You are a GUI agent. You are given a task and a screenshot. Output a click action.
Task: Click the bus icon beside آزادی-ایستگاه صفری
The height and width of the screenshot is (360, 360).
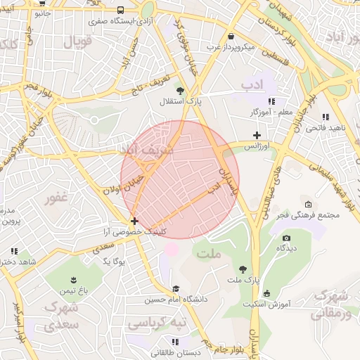click(121, 11)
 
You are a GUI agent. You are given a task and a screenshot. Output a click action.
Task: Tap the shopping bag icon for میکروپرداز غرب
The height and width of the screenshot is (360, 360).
click(231, 36)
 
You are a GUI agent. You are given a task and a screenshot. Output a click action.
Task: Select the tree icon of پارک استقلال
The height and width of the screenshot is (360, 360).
click(181, 90)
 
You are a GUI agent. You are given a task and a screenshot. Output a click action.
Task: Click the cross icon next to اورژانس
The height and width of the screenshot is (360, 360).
click(257, 135)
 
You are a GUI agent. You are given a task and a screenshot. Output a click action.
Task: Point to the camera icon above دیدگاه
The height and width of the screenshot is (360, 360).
click(285, 238)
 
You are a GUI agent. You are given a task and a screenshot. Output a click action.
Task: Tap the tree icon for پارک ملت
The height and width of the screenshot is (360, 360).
click(243, 269)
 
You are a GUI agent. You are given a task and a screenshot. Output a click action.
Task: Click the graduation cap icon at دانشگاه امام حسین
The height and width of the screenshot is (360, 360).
click(176, 288)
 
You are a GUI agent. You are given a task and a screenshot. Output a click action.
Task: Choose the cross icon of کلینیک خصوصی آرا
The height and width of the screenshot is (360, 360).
click(134, 221)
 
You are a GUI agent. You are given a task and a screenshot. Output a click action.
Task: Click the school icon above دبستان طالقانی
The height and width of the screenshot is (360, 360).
click(155, 342)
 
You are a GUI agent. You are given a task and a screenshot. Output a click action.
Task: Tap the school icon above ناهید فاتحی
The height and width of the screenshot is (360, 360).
click(325, 117)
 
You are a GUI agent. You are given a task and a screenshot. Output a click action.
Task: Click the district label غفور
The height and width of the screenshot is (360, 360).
click(58, 199)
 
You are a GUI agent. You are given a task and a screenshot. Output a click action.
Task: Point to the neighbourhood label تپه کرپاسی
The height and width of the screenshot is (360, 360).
click(156, 322)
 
